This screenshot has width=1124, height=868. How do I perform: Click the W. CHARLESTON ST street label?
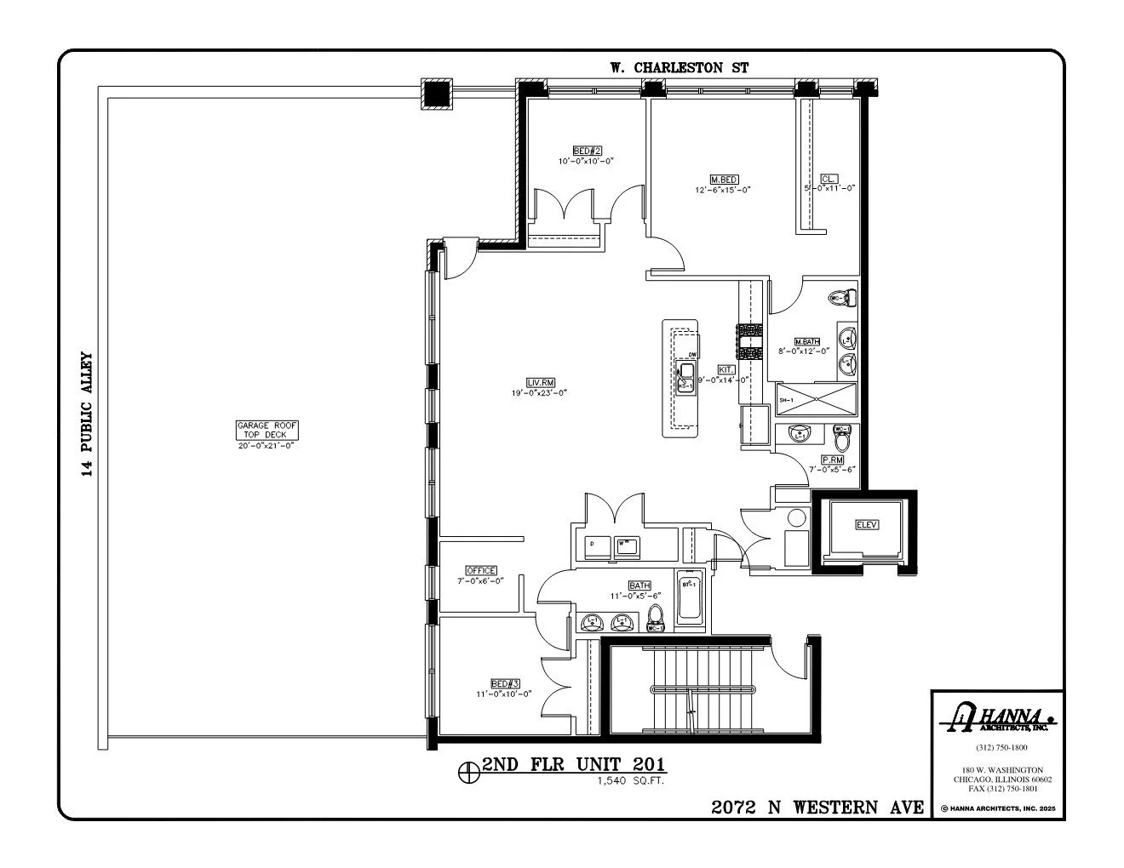tap(679, 67)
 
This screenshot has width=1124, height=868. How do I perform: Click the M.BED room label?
tap(724, 180)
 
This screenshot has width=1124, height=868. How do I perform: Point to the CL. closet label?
tap(829, 179)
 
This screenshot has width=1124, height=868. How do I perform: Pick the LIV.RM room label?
tap(539, 382)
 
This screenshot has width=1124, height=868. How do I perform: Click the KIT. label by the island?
tap(726, 370)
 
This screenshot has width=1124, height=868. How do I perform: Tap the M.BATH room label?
tap(806, 340)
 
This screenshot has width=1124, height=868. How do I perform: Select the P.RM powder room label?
tap(832, 459)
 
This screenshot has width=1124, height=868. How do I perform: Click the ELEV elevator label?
tap(866, 525)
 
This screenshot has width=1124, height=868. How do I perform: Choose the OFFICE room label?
tap(480, 570)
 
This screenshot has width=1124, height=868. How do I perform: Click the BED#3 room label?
tap(505, 683)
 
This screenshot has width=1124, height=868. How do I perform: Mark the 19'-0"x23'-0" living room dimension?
tap(539, 392)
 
